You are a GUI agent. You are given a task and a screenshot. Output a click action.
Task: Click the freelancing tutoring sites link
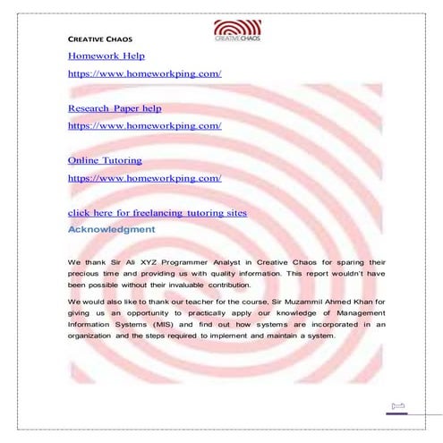(x=157, y=213)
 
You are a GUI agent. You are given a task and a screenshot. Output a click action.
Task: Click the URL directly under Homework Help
(x=144, y=73)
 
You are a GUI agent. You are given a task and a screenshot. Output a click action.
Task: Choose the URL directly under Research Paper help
(x=144, y=125)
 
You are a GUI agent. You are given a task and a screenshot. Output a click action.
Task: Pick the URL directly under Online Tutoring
(x=144, y=178)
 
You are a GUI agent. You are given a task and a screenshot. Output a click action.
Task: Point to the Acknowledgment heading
(x=111, y=230)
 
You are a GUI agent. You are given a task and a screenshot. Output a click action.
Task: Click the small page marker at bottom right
(x=398, y=408)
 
